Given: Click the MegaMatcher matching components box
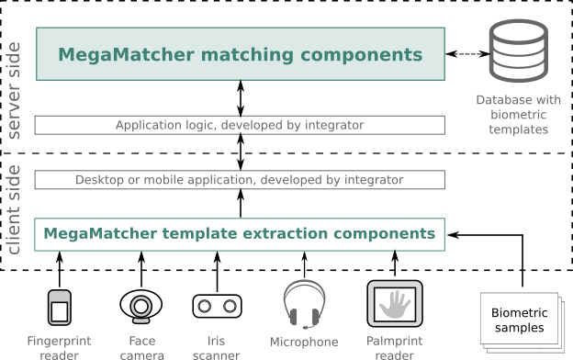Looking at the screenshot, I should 240,53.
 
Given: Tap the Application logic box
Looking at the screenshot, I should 240,125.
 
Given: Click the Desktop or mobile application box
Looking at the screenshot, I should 240,180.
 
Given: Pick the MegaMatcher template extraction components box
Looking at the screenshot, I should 240,233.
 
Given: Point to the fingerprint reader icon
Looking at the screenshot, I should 60,307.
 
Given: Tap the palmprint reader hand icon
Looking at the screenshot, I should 394,304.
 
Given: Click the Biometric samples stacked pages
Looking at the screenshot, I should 512,322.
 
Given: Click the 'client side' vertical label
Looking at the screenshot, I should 15,209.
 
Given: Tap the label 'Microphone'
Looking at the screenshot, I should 303,342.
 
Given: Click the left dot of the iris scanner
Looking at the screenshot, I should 205,306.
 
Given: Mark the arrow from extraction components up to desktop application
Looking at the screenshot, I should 241,203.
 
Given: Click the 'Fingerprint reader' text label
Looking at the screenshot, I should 59,348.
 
